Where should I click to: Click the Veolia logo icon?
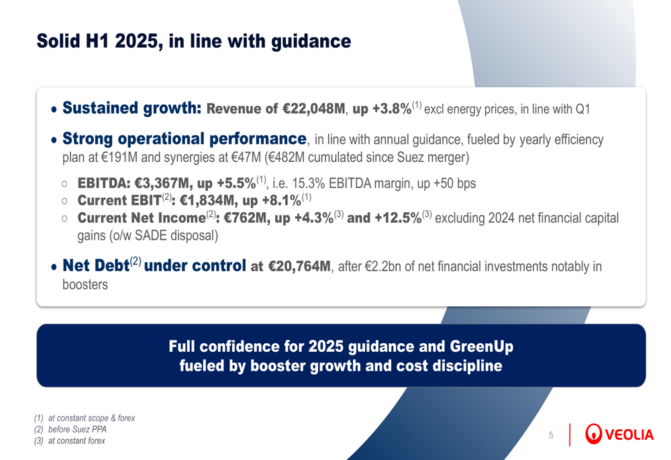pyautogui.click(x=594, y=434)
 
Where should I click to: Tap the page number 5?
pyautogui.click(x=551, y=435)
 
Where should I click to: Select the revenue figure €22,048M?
pyautogui.click(x=313, y=109)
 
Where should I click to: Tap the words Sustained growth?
pyautogui.click(x=132, y=108)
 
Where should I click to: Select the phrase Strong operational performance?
pyautogui.click(x=184, y=139)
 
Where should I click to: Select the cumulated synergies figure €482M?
pyautogui.click(x=287, y=158)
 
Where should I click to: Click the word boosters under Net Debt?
pyautogui.click(x=85, y=284)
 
